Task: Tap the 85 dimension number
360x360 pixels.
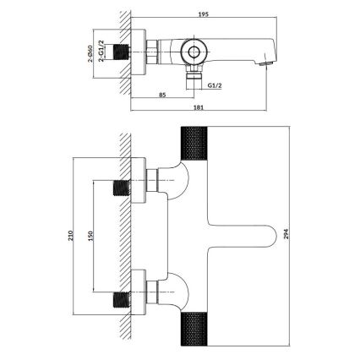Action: point(161,94)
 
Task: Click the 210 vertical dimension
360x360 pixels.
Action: point(69,239)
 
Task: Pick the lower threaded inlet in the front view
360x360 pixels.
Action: point(123,297)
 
